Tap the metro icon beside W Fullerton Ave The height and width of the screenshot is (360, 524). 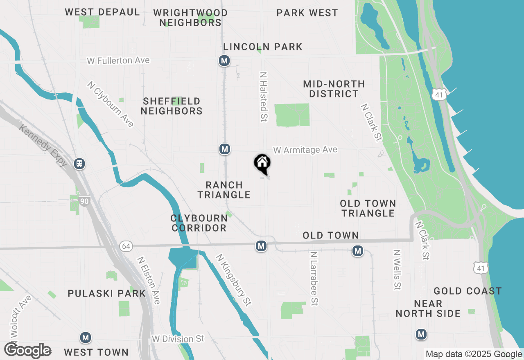[224, 61]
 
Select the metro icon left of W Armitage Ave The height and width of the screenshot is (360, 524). [224, 149]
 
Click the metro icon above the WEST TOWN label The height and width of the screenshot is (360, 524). [86, 337]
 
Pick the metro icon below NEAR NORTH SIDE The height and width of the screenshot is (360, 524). [421, 334]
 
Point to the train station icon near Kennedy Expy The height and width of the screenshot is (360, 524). [79, 164]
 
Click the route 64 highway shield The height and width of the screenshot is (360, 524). [126, 246]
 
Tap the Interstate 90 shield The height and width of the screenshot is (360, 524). [85, 201]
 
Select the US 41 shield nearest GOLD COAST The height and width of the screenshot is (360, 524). [480, 268]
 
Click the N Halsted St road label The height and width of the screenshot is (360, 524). [263, 97]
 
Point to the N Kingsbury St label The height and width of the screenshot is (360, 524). [234, 280]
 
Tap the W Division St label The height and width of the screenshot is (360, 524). [178, 339]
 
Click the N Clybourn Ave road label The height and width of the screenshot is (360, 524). [110, 104]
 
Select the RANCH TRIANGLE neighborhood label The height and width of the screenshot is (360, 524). [224, 190]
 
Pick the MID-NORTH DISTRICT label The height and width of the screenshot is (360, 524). [334, 89]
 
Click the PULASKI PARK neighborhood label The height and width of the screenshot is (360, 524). [106, 293]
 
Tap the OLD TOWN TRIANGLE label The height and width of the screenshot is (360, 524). [368, 208]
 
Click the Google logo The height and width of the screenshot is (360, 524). [27, 351]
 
